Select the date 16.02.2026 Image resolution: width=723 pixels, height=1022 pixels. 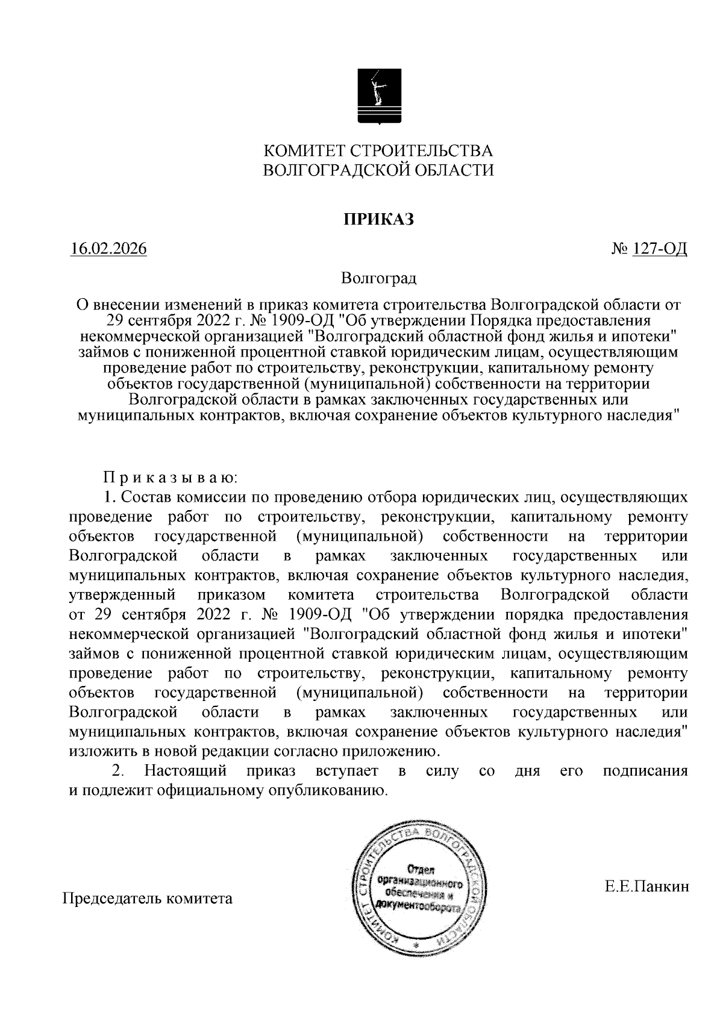(108, 249)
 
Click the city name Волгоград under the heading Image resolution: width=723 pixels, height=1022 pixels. (378, 278)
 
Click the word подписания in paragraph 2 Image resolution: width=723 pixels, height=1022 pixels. (645, 771)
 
